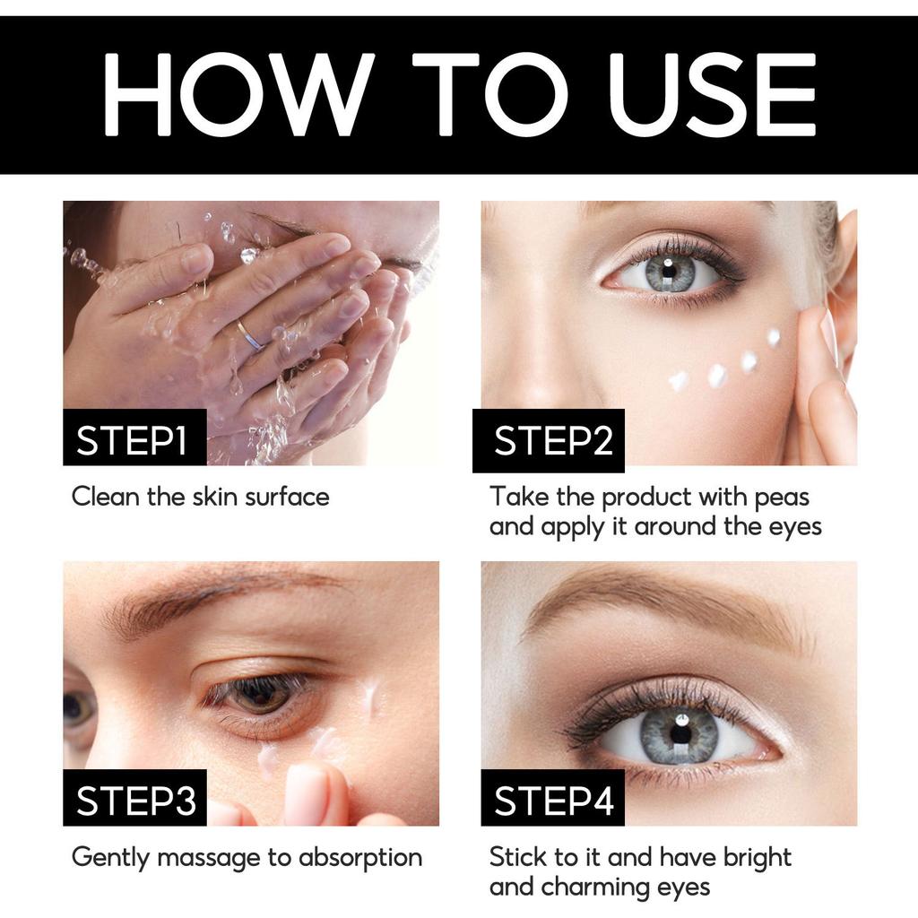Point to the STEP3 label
click(x=134, y=801)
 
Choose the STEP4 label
click(x=552, y=801)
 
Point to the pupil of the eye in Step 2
click(x=670, y=272)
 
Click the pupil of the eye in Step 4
click(x=679, y=732)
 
